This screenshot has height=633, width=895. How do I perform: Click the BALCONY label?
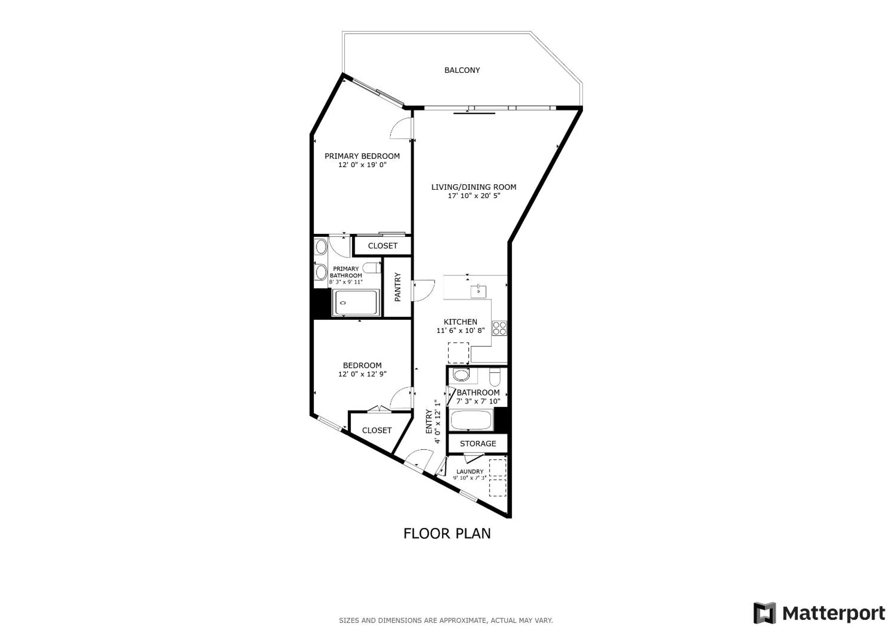click(x=462, y=70)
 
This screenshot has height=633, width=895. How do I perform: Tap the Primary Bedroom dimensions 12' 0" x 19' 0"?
click(x=362, y=165)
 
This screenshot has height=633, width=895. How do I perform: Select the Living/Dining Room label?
click(x=474, y=187)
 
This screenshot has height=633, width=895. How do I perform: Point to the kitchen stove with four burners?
click(x=499, y=328)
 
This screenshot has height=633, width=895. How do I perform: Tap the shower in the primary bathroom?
click(x=356, y=303)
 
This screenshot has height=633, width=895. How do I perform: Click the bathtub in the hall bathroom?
click(x=471, y=420)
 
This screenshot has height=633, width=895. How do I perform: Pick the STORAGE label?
click(x=478, y=444)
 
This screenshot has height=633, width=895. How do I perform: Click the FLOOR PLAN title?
click(x=447, y=533)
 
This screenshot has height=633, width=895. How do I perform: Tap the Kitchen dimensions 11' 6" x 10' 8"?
click(x=460, y=330)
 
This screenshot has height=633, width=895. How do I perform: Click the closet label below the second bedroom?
click(x=377, y=430)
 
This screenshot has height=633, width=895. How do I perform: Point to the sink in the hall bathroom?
click(x=462, y=375)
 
